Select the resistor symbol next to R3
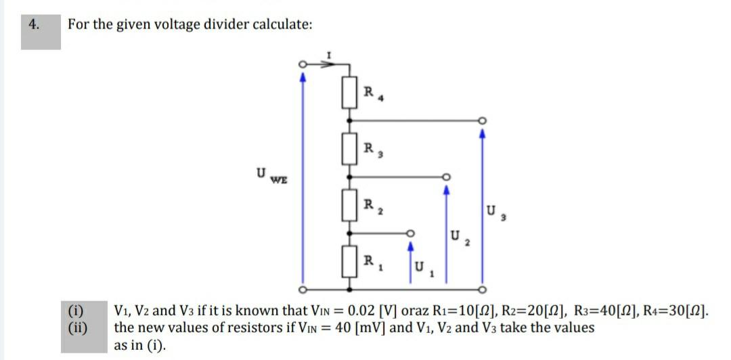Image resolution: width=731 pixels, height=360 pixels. pyautogui.click(x=349, y=148)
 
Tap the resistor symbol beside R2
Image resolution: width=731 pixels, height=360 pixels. pyautogui.click(x=349, y=204)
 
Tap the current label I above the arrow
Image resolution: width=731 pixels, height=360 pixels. pyautogui.click(x=328, y=53)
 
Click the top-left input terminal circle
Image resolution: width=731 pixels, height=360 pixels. pyautogui.click(x=303, y=65)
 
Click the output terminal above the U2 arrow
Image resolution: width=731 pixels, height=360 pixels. pyautogui.click(x=445, y=177)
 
